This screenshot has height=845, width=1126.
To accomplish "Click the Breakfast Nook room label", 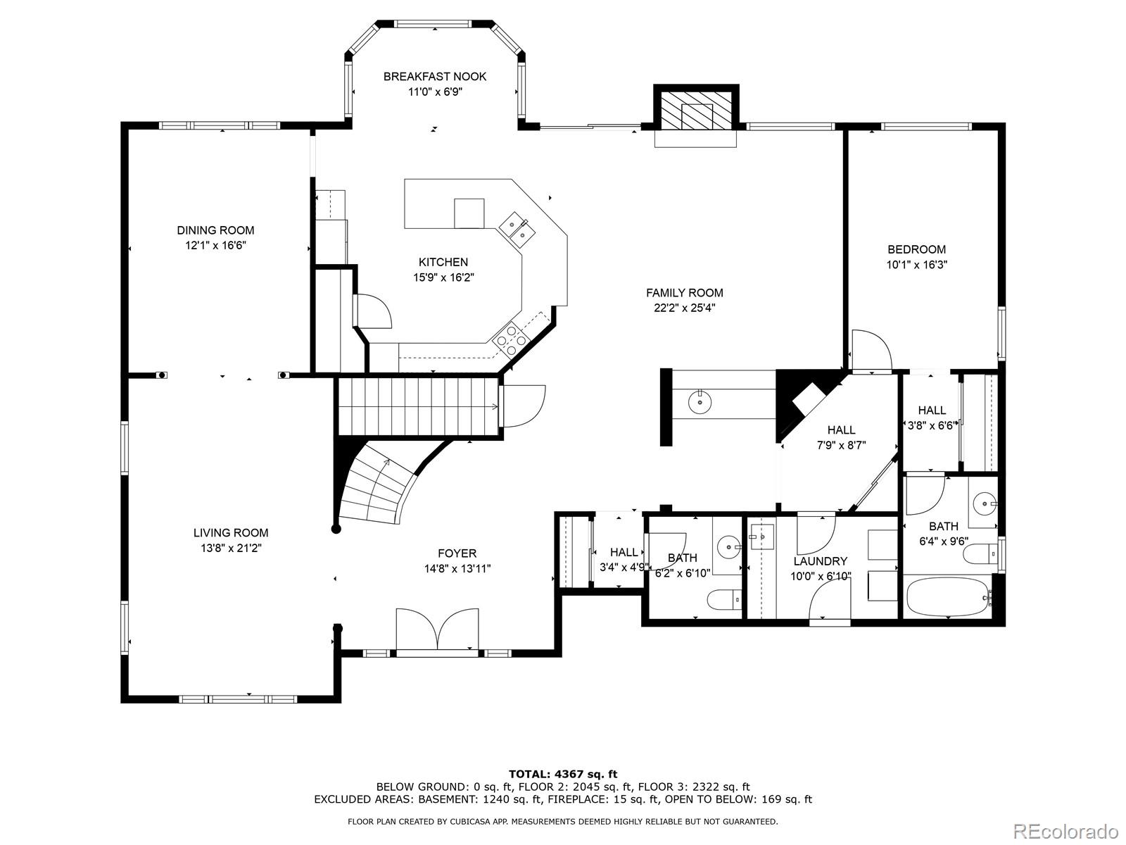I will click(x=434, y=76).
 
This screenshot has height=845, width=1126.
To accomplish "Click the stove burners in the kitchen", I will click(x=512, y=340).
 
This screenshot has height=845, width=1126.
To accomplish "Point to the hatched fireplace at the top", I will click(x=696, y=110).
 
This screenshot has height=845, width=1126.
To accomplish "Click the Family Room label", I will click(x=684, y=293).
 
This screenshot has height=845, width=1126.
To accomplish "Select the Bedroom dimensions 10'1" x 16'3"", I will click(x=916, y=265).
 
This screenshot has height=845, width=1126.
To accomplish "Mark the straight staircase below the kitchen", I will click(x=419, y=406).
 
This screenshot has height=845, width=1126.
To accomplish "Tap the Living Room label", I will click(x=231, y=533).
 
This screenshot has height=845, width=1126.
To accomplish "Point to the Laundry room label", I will click(x=820, y=561).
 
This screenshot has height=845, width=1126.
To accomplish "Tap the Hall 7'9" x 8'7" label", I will click(x=841, y=430).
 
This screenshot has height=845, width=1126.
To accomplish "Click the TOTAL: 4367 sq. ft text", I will click(x=563, y=774).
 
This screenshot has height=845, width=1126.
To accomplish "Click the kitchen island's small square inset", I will click(x=469, y=213).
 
